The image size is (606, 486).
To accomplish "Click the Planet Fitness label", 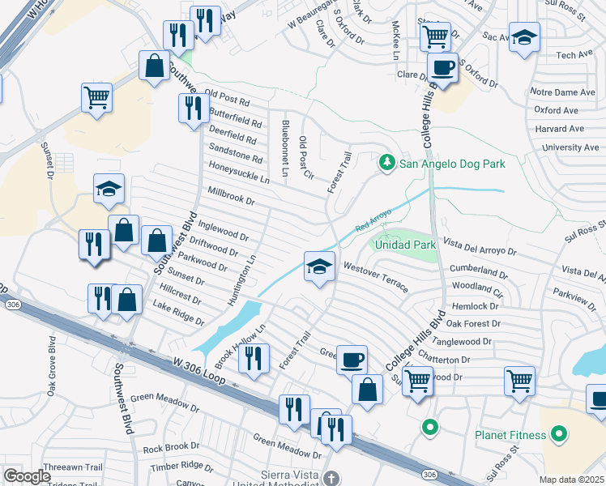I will [511, 435].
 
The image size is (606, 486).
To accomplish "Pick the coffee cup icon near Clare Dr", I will [442, 67].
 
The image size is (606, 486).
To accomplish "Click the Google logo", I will [27, 476].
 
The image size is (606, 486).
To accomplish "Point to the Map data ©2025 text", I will [571, 480].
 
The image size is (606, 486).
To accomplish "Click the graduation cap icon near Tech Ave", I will [524, 36].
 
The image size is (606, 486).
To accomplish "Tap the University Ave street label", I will [572, 147].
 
